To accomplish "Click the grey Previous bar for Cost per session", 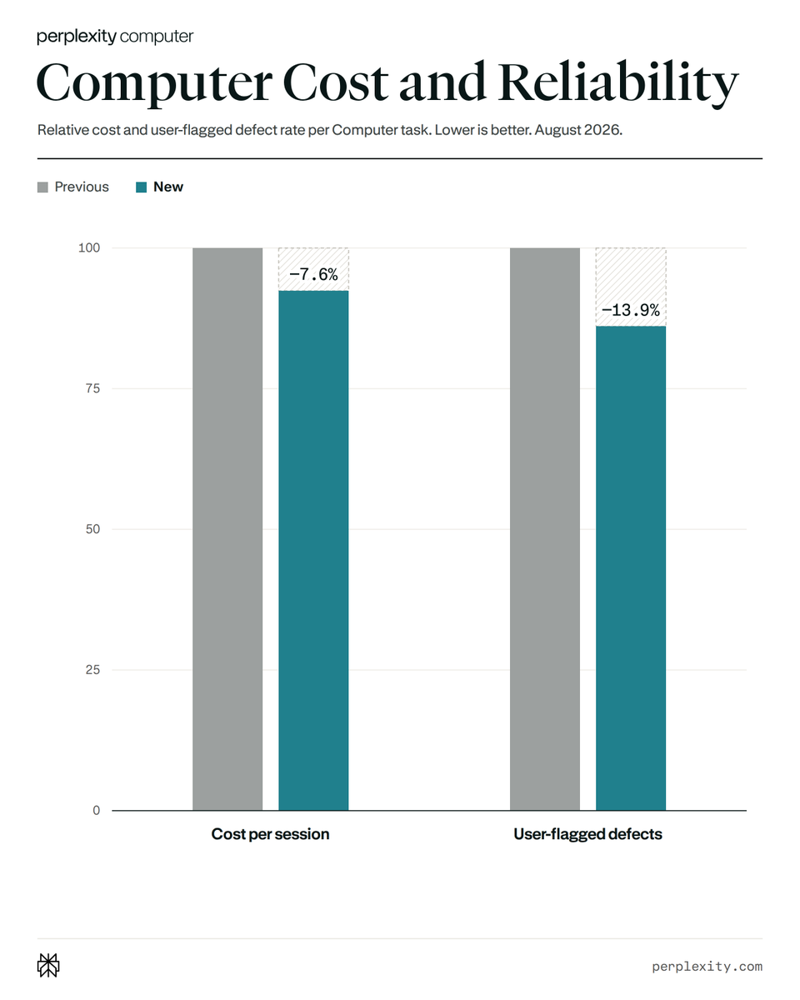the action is click(x=227, y=529).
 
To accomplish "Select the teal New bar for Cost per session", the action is click(x=313, y=550).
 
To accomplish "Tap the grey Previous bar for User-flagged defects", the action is click(x=545, y=529).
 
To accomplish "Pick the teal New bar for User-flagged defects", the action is click(x=631, y=567).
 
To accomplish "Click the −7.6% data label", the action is click(x=313, y=275).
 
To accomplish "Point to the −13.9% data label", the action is click(x=631, y=310).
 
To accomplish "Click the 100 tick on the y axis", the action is click(x=89, y=247).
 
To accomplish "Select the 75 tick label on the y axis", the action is click(x=92, y=388).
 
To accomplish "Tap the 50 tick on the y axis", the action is click(x=92, y=529).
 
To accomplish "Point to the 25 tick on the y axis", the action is click(x=92, y=670).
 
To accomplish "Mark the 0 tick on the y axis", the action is click(x=96, y=810).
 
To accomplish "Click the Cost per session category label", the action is click(x=270, y=834).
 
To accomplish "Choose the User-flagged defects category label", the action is click(x=587, y=834).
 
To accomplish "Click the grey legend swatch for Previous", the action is click(x=42, y=187).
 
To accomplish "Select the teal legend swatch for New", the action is click(x=142, y=187).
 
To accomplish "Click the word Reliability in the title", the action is click(x=618, y=83).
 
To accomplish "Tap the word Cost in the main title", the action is click(x=335, y=83).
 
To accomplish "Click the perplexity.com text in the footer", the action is click(x=707, y=967).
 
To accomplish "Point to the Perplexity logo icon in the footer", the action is click(x=48, y=965).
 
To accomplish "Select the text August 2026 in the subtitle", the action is click(x=577, y=130).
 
